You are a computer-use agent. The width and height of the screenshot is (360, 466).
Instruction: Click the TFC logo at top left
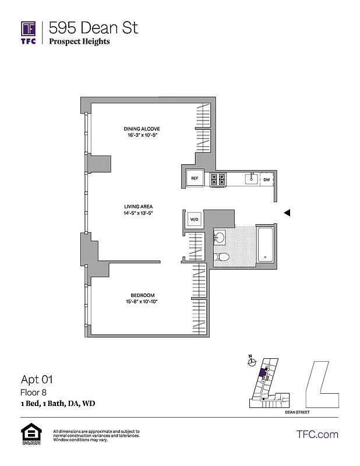(29, 33)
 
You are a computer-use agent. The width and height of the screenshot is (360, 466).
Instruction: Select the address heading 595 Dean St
(93, 27)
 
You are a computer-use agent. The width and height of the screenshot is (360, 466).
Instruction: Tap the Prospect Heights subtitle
(79, 41)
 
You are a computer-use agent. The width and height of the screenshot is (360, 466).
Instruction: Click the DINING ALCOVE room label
(142, 129)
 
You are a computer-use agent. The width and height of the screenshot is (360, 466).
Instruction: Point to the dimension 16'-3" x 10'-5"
(142, 135)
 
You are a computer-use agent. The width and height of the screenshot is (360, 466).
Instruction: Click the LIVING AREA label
(138, 206)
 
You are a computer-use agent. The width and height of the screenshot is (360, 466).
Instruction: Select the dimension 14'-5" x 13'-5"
(138, 213)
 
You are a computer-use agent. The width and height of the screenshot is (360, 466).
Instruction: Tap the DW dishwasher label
(266, 180)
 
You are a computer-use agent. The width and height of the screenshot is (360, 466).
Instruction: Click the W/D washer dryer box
(195, 220)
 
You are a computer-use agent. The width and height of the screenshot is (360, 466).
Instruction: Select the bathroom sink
(220, 238)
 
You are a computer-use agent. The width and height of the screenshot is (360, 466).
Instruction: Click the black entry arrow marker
(287, 213)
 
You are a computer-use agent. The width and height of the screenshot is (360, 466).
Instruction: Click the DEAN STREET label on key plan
(297, 412)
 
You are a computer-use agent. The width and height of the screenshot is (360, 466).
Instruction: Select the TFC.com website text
(317, 435)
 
